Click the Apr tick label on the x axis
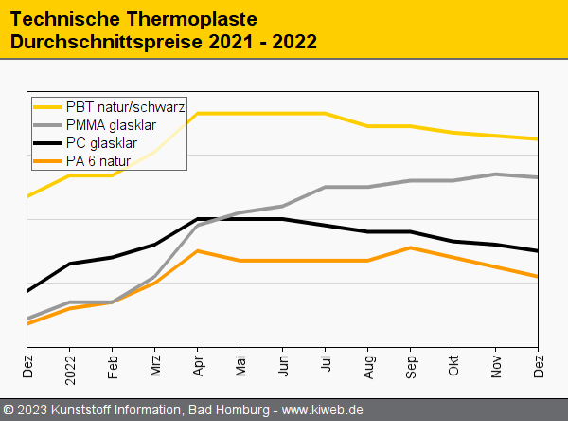coord(198,363)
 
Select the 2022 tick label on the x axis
coord(70,366)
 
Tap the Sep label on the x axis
coord(411,363)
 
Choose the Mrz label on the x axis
coord(155,363)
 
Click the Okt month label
coord(453,362)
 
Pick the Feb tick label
coord(113,363)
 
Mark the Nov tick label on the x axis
coord(496,363)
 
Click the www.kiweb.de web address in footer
coord(323,410)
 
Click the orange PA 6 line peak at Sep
coord(411,247)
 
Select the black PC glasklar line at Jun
coord(283,219)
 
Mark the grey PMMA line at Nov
coord(496,174)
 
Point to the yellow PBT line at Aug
coord(368,126)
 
